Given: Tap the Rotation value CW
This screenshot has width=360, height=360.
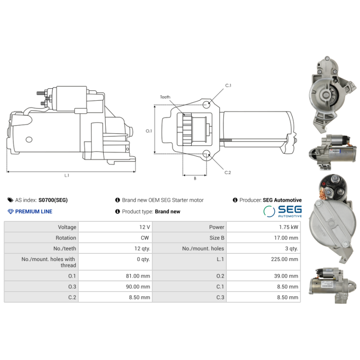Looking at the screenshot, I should pyautogui.click(x=145, y=238).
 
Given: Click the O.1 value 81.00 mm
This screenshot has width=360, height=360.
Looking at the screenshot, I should pyautogui.click(x=139, y=276).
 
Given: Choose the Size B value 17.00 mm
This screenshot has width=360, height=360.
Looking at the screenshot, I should pyautogui.click(x=286, y=238).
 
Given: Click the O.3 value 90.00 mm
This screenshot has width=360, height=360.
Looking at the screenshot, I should pyautogui.click(x=139, y=286).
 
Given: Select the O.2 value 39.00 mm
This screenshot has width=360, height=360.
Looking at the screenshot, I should pyautogui.click(x=286, y=276).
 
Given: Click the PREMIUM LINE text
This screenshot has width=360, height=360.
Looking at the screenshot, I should pyautogui.click(x=33, y=211).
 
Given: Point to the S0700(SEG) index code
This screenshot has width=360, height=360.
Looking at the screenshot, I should pyautogui.click(x=53, y=200).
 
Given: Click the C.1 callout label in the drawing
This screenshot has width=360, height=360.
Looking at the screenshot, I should pyautogui.click(x=228, y=85).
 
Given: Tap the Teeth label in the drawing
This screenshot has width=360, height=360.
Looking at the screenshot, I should pyautogui.click(x=165, y=97).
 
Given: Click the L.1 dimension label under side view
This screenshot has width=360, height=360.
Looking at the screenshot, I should pyautogui.click(x=67, y=175).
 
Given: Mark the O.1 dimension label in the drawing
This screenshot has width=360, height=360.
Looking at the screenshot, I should pyautogui.click(x=149, y=131).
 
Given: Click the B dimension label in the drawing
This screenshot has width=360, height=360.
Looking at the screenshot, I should pyautogui.click(x=195, y=179).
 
